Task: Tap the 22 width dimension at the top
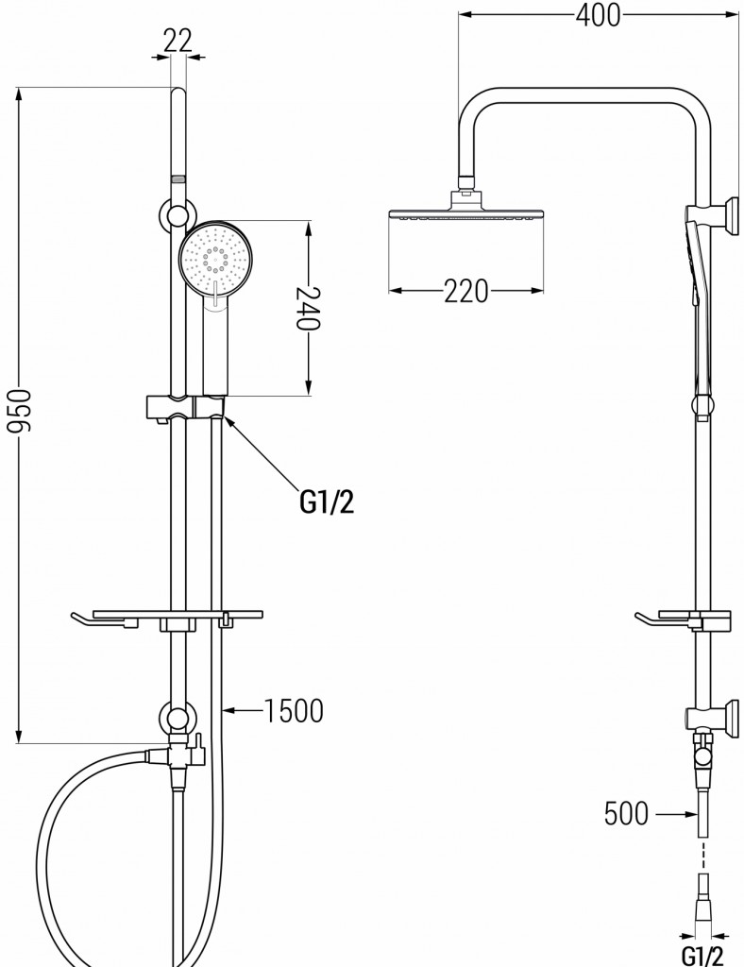[178, 42]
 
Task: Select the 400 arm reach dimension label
[598, 15]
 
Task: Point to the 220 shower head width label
[466, 291]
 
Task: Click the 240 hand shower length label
[307, 308]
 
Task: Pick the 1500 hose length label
[294, 710]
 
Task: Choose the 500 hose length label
[626, 813]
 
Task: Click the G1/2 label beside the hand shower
[328, 502]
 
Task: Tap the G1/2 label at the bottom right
[702, 955]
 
